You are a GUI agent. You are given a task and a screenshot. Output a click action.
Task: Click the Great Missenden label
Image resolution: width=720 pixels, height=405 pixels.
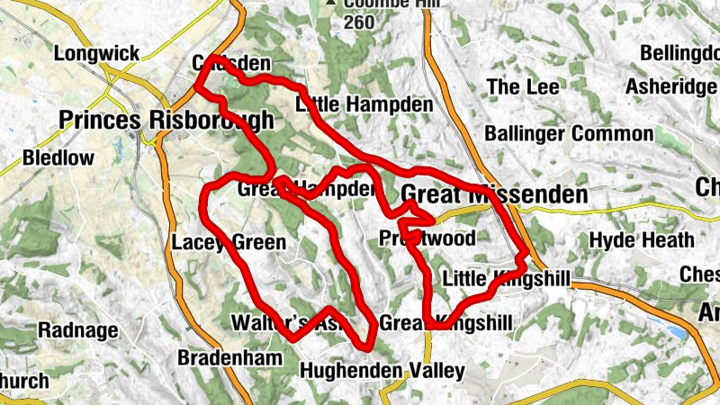493,194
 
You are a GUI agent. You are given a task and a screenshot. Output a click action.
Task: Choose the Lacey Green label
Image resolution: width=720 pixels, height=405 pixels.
228,242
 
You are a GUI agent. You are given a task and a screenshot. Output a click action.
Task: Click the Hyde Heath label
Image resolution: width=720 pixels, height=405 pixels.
642,240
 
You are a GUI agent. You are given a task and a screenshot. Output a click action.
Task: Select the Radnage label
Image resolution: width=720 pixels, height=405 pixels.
78,330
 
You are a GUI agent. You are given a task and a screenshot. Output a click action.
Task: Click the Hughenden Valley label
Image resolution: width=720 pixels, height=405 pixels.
382,370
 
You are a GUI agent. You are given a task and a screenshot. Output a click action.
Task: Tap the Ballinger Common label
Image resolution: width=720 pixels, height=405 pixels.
569,134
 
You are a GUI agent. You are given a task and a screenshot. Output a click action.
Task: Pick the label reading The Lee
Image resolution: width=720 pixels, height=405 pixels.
523,87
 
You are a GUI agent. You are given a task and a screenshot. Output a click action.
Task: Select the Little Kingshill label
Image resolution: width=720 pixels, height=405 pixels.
506,280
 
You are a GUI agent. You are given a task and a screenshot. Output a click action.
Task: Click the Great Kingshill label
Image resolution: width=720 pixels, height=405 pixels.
445,322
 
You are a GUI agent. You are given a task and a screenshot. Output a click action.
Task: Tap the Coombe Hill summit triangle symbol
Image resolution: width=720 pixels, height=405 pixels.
331,3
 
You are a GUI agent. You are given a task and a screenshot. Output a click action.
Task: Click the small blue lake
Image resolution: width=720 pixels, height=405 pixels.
677,333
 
